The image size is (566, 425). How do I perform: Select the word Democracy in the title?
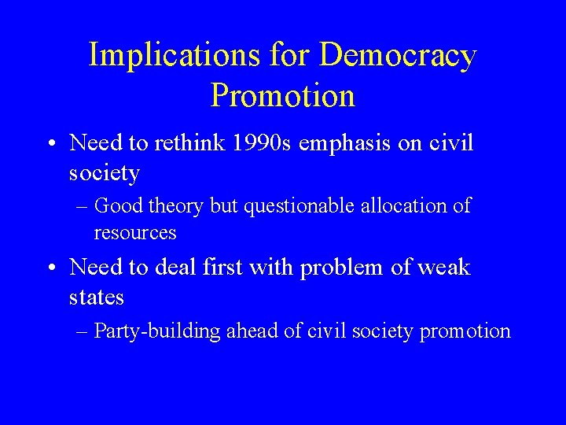pos(398,56)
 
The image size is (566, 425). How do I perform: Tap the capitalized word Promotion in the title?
pos(283,95)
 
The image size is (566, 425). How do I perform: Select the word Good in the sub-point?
pos(119,206)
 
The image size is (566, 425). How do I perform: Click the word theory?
pos(176,206)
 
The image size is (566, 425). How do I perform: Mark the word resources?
pos(135,233)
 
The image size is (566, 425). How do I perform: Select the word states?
pos(97,297)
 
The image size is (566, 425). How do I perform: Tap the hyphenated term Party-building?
pos(157,331)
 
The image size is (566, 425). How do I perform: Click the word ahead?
pos(252,331)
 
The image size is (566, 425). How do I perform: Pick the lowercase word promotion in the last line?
pos(465,331)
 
